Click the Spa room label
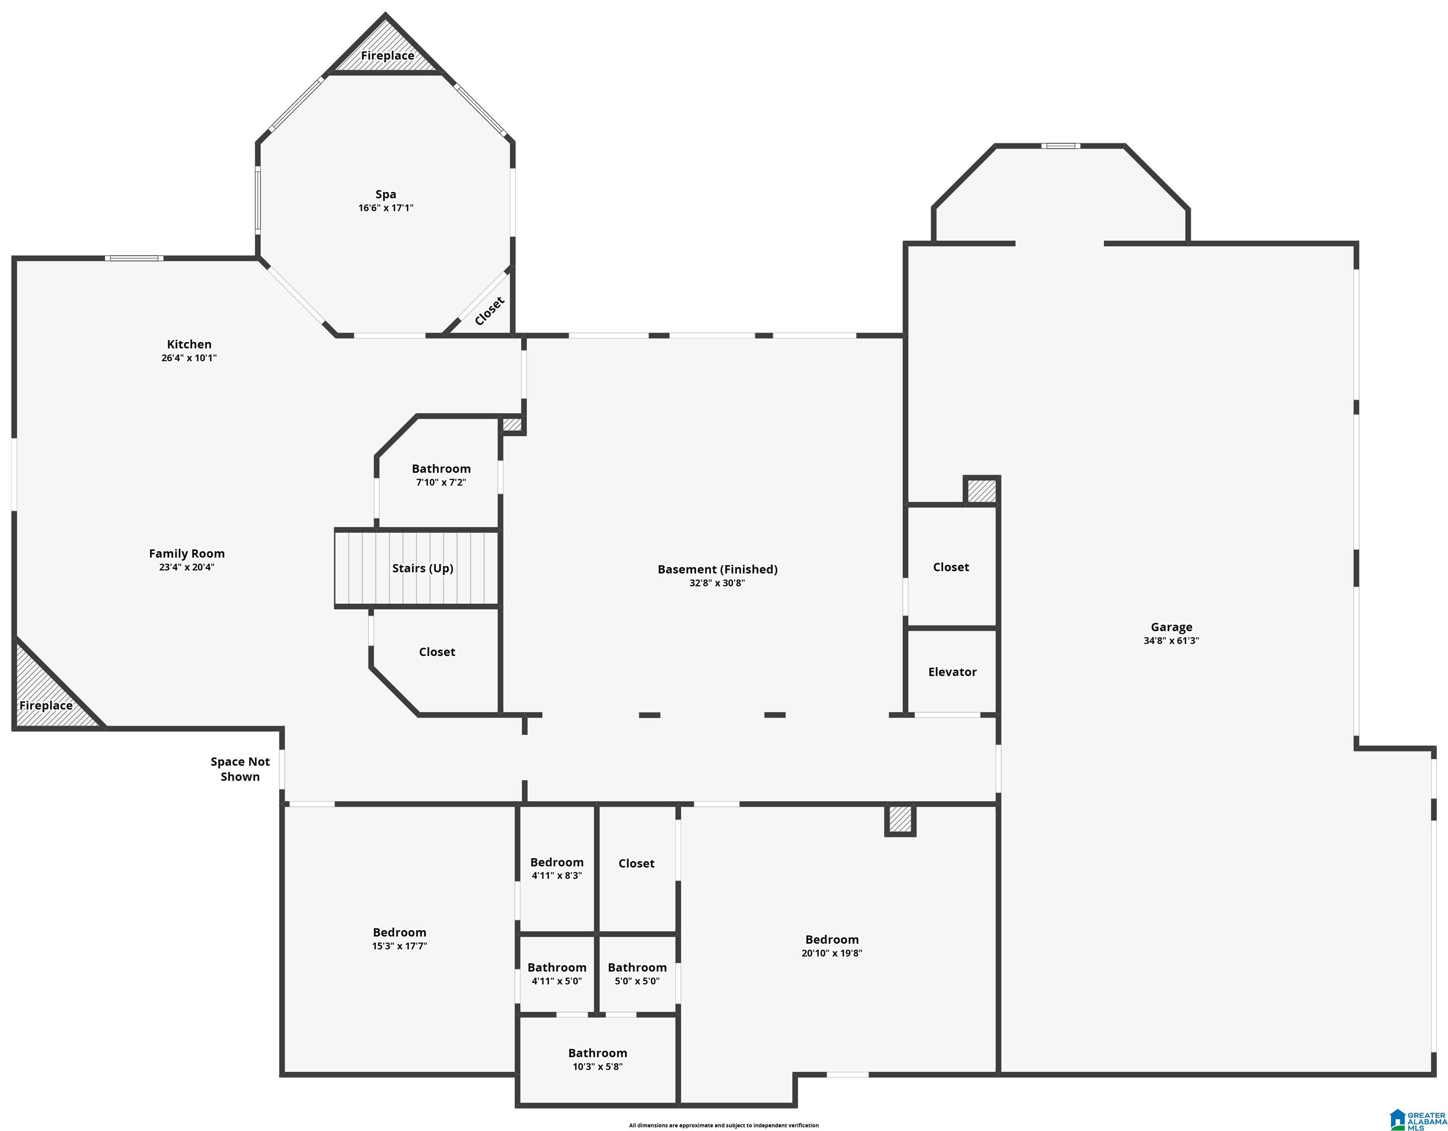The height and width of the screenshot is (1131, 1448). pos(386,194)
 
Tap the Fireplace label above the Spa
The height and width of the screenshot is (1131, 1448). pos(387,55)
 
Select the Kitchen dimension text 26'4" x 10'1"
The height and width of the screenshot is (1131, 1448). pos(189,358)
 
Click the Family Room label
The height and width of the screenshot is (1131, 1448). pos(187,554)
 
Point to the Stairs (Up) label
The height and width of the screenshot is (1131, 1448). pos(423,568)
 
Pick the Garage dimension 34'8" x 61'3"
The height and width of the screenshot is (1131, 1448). pos(1172,641)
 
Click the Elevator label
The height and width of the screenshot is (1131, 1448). pos(952,672)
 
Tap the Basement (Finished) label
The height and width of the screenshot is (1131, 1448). pos(717,569)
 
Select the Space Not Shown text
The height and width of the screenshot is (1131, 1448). pos(240,769)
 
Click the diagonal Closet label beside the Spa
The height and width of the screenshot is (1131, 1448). pos(490,311)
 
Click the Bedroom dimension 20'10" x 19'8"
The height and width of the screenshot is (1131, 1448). pos(832,953)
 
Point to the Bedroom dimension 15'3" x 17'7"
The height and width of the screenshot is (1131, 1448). pos(399,946)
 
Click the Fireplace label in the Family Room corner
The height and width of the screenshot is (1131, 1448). pos(46,705)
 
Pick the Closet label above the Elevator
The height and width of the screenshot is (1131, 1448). pos(951,567)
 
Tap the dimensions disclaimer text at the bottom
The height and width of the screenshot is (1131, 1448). pos(724,1125)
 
